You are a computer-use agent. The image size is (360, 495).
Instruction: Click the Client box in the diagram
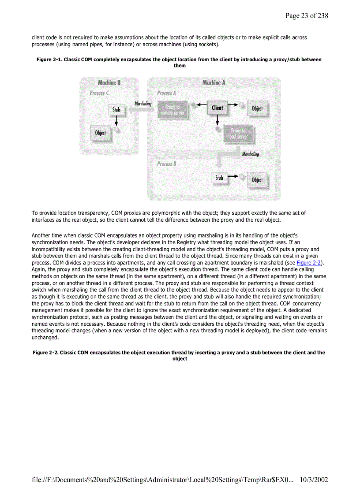(217, 108)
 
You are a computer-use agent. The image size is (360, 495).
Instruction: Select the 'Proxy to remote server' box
(172, 110)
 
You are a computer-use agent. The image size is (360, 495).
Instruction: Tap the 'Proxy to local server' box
(238, 134)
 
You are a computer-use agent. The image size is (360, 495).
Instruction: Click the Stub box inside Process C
(116, 109)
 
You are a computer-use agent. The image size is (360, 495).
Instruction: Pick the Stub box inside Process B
(219, 178)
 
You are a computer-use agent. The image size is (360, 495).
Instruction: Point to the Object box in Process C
(101, 133)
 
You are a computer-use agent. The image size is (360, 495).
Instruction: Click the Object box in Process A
(257, 109)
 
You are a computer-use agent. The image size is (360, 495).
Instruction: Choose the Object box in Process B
(257, 180)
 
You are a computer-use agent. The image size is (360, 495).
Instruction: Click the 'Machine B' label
(109, 82)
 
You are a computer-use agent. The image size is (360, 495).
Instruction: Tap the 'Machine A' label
(214, 82)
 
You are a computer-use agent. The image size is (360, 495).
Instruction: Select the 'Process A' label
(166, 93)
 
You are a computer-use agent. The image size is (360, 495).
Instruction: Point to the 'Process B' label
(166, 164)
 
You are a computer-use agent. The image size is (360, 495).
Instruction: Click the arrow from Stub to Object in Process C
(116, 121)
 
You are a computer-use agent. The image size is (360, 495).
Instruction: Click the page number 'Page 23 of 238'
(307, 16)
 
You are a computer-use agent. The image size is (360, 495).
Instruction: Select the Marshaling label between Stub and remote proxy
(143, 104)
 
